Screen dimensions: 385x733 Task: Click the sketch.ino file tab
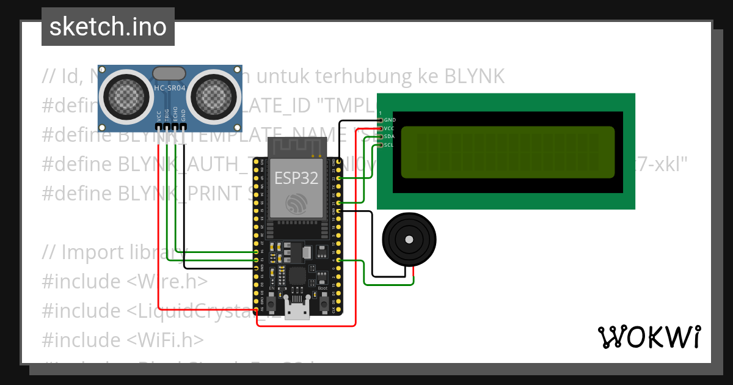point(108,27)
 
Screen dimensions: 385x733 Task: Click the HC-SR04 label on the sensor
point(170,89)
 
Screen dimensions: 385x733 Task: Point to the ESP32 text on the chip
point(296,178)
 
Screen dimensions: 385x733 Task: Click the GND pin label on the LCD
point(390,120)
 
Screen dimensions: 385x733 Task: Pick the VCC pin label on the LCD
point(390,128)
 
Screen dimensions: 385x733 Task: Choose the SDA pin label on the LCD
point(390,136)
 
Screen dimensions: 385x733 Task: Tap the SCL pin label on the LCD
point(390,145)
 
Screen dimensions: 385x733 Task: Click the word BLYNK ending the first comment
point(474,76)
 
